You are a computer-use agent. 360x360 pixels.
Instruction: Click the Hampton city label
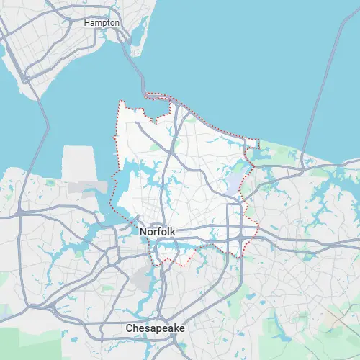point(102,22)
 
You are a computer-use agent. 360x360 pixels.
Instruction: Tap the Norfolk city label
point(158,232)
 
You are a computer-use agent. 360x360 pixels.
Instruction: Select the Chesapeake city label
point(156,328)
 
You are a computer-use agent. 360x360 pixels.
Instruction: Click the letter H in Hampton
point(87,22)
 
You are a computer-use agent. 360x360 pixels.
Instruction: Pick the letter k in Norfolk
point(174,232)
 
